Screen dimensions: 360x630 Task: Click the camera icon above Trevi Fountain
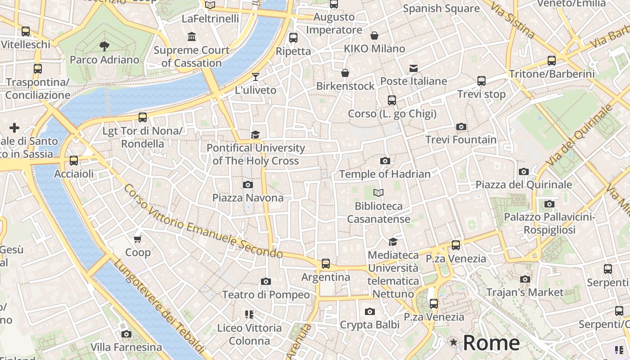(461, 126)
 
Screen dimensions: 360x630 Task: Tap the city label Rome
(491, 343)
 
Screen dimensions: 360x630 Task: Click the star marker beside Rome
(454, 343)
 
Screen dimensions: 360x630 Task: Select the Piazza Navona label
(248, 198)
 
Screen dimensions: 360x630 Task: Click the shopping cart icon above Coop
(138, 239)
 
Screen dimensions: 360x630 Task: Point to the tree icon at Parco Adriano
(104, 46)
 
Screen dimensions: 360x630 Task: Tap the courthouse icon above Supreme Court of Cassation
(192, 36)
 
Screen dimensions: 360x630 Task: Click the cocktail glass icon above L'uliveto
(256, 77)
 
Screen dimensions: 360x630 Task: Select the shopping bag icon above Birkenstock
(345, 73)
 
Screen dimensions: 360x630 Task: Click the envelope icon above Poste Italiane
(414, 68)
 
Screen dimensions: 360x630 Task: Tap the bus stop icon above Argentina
(325, 264)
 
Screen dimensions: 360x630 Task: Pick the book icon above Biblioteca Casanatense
(378, 193)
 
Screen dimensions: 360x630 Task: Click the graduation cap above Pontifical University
(256, 135)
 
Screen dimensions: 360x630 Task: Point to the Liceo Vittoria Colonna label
(249, 334)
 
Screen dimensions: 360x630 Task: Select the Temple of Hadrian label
(385, 174)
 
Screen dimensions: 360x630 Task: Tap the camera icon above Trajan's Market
(525, 279)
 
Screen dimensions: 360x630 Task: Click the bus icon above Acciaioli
(74, 161)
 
